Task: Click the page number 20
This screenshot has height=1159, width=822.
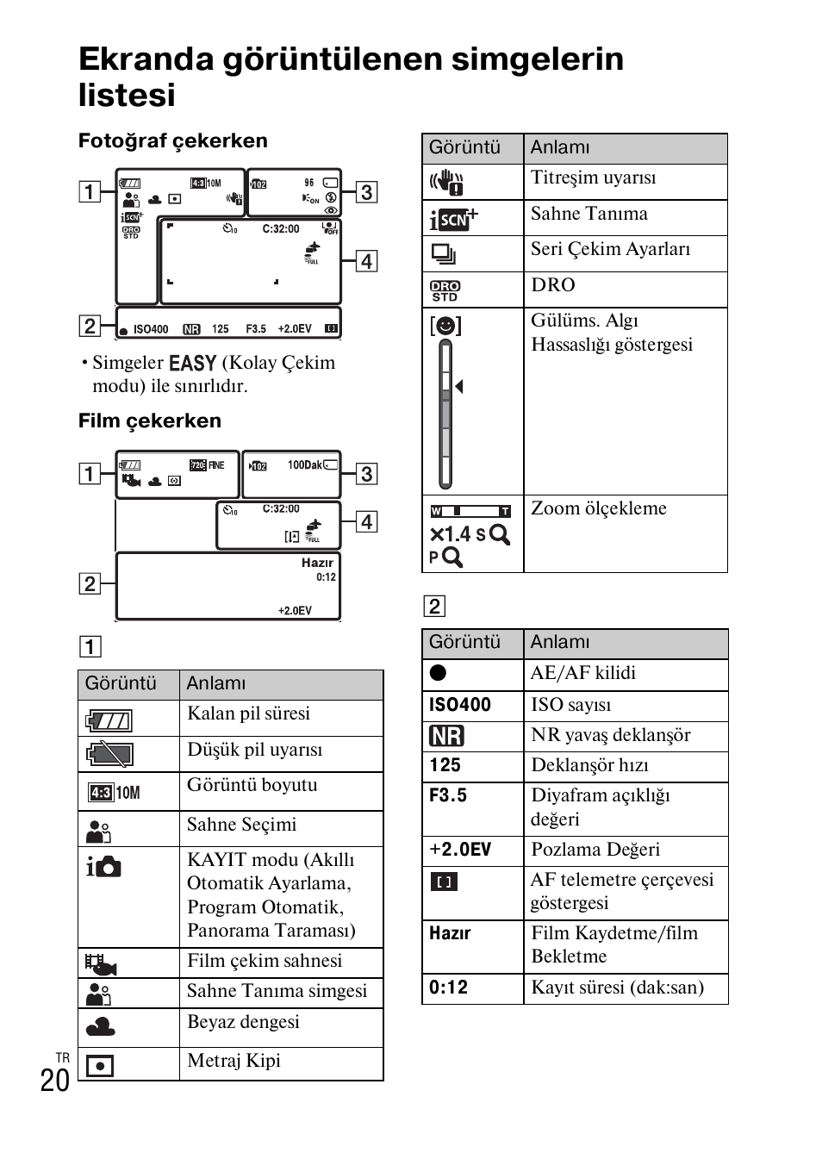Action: point(55,1080)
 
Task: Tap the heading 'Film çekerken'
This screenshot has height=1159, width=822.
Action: point(150,421)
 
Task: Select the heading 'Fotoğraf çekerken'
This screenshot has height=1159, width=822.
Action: point(173,140)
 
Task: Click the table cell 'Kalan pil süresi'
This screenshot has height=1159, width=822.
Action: point(249,713)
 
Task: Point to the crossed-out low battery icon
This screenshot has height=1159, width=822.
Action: point(109,755)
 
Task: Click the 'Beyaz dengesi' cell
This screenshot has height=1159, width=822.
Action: point(244,1022)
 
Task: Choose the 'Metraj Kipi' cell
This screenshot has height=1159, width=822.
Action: point(234,1061)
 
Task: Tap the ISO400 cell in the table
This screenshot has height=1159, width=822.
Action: point(460,705)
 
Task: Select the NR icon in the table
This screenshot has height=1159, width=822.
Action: point(446,736)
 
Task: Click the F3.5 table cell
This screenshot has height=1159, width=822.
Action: point(448,795)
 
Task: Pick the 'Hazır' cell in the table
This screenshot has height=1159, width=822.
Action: point(451,933)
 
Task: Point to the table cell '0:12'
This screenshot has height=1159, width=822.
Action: point(449,988)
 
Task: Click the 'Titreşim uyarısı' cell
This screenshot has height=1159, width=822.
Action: point(594,178)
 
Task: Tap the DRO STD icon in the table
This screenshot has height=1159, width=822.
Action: point(445,290)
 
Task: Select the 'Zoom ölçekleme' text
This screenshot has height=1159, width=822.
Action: point(599,508)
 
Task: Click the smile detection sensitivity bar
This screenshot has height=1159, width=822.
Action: point(445,414)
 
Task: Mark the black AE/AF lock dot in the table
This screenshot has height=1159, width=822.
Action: point(439,673)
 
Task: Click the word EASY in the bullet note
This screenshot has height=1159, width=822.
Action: point(193,363)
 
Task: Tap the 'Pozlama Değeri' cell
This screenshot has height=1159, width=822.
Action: point(596,850)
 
